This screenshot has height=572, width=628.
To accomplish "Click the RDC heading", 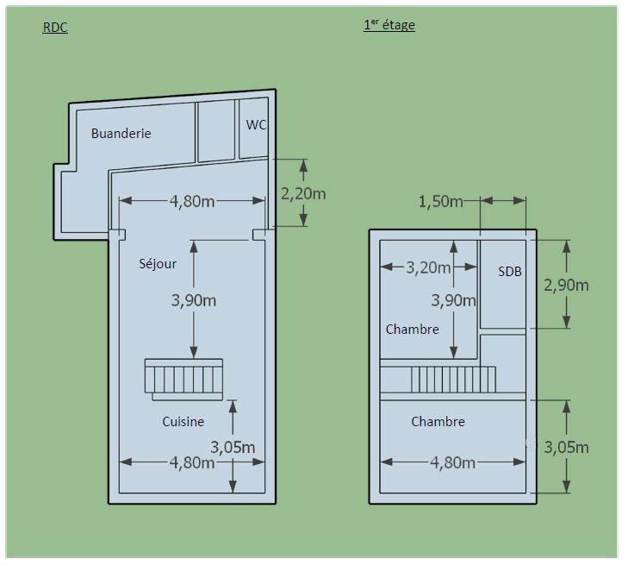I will pos(55,28).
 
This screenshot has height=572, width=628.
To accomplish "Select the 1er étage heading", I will pos(389,25).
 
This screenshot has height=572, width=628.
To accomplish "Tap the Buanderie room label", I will pos(121,134).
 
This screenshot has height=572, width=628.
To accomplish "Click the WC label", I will pos(256,125).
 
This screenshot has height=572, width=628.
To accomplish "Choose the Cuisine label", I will pos(183,422).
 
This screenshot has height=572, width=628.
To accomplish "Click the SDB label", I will pos(510,272).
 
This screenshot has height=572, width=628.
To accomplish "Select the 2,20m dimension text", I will pos(303,193).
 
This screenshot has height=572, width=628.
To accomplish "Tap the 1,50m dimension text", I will pos(440,202).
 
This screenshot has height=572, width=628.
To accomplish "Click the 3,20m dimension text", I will pos(428,267).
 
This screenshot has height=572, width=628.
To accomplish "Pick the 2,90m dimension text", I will pos(567,285).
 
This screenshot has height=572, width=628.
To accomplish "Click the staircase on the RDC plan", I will pos(183,379).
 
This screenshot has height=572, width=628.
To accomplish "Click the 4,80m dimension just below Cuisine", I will pos(192,462).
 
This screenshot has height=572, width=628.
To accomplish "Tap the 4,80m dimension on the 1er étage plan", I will pos(452,462).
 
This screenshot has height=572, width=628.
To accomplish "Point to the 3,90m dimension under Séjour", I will pos(193,300).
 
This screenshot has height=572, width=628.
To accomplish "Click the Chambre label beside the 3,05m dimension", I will pos(438,422).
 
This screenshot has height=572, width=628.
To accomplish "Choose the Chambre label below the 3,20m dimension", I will pos(412,330).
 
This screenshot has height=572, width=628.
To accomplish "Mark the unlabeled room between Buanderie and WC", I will pos(216,130).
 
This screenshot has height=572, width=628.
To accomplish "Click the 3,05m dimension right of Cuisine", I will pos(233,447).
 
